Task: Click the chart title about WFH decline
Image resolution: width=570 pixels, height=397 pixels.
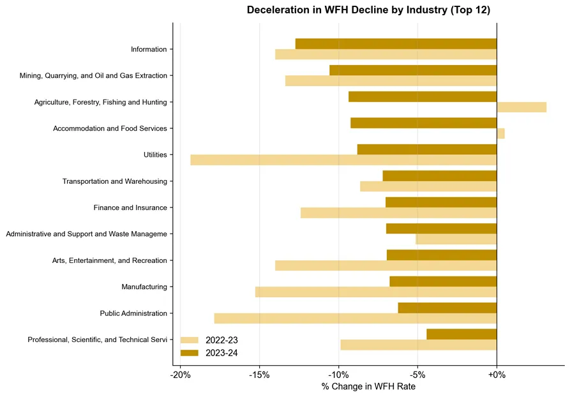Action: point(368,10)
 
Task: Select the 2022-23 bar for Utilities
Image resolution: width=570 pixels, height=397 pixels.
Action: point(343,160)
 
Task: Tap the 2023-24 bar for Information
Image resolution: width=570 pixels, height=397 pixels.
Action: point(396,43)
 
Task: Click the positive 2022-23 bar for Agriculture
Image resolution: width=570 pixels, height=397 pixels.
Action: point(521,107)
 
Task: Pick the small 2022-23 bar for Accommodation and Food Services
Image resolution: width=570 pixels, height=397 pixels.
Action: point(501,133)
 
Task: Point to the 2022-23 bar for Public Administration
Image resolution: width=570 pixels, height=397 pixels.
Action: point(356,318)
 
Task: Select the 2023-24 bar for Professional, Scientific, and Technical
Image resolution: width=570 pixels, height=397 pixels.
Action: point(461,334)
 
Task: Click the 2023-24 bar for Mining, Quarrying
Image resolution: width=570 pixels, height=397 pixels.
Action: point(414,70)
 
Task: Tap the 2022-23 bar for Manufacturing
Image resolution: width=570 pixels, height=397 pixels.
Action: point(376,292)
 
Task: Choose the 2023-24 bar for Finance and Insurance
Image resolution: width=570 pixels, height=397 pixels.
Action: point(441,202)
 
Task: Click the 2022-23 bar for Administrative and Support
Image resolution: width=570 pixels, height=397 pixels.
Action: point(456,239)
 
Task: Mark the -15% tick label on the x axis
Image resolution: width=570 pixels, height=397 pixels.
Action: point(259,375)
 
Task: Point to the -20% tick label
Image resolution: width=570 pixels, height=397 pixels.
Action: point(180,375)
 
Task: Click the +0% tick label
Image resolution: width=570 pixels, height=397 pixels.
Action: point(497,375)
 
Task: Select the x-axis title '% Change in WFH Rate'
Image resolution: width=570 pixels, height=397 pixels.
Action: point(368,386)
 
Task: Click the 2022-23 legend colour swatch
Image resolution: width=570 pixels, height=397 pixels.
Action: point(190,340)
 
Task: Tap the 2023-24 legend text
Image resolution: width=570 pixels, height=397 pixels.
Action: point(221,353)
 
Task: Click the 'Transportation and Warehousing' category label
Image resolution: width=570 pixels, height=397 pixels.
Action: point(115,181)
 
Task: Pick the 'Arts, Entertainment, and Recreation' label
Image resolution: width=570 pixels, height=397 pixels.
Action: point(109,260)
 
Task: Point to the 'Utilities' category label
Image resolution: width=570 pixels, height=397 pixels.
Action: point(155,155)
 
